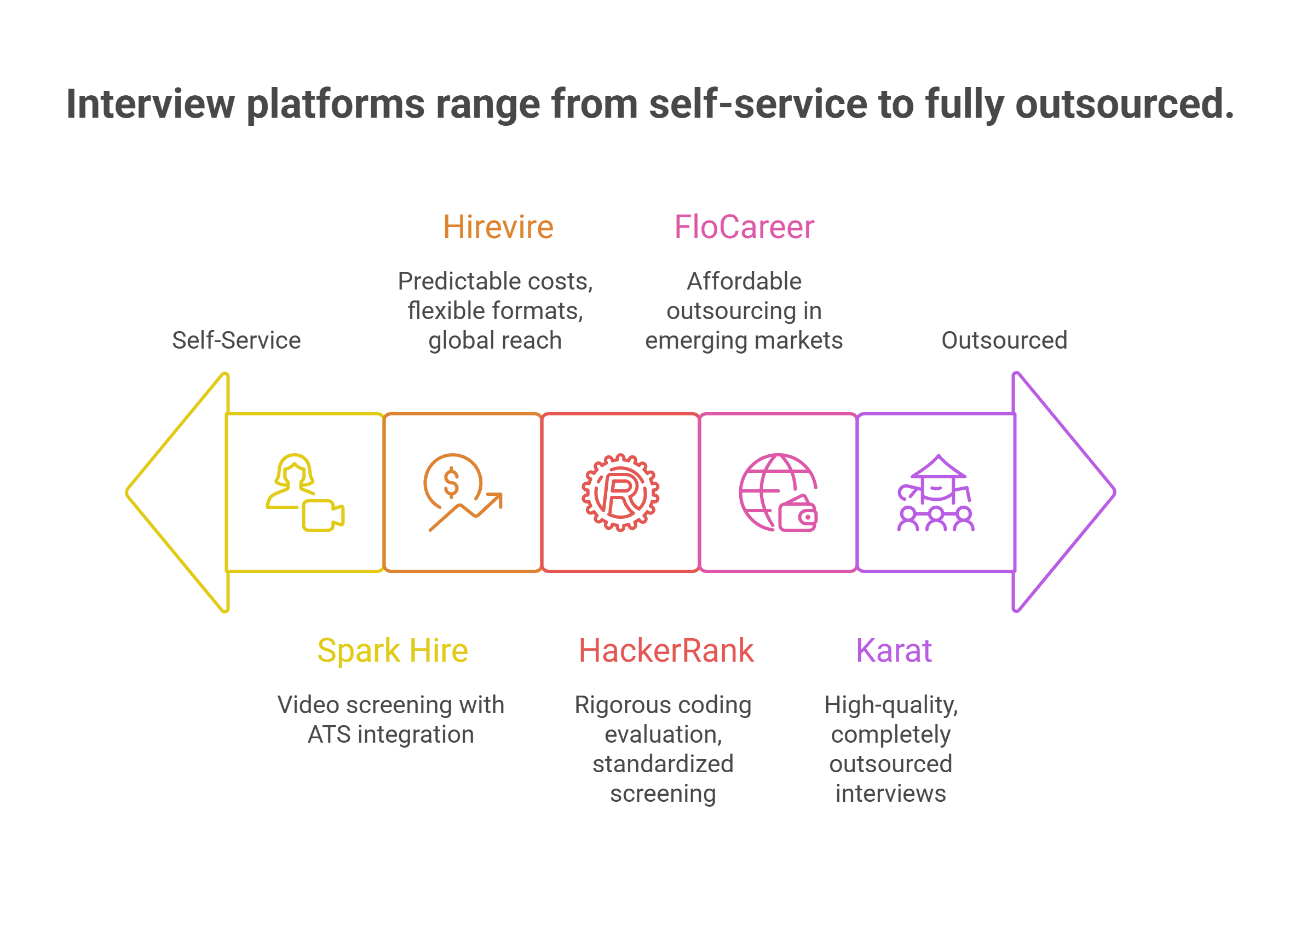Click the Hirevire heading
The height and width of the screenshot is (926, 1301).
tap(498, 227)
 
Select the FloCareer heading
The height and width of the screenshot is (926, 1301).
tap(744, 227)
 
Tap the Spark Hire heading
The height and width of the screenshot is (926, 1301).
tap(393, 651)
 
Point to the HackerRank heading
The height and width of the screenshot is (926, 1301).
tap(666, 651)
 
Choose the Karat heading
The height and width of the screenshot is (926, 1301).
tap(893, 651)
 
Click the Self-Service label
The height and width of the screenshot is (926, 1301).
tap(236, 340)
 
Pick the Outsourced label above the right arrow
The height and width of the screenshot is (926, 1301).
tap(1004, 340)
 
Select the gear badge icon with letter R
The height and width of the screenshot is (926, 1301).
tap(620, 492)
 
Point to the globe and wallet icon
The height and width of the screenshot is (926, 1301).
tap(778, 492)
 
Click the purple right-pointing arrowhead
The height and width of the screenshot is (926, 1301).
tap(1061, 492)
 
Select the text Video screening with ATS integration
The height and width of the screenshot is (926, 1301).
tap(391, 720)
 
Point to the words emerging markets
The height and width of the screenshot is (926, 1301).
tap(744, 340)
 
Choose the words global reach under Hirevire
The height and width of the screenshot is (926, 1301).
tap(495, 340)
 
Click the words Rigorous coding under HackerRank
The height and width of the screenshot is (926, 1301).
tap(663, 705)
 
